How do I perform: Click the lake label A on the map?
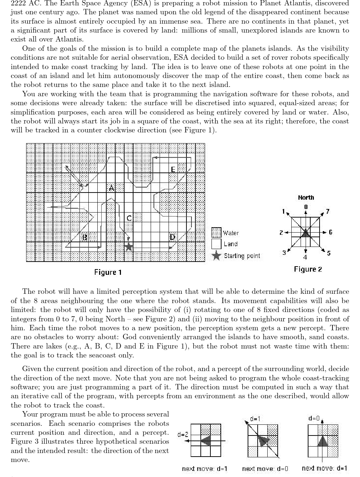pos(111,188)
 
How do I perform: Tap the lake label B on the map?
pos(85,237)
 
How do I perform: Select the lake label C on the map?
pos(129,218)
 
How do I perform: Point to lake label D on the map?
pos(172,237)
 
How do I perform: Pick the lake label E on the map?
pos(173,169)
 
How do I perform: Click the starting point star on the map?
pos(129,247)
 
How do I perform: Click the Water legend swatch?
pos(217,233)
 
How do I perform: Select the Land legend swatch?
pos(217,244)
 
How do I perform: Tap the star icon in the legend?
pos(216,256)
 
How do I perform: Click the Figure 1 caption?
pos(108,272)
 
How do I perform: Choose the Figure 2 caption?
pos(308,269)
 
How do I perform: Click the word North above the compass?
pos(306,198)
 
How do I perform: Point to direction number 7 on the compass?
pos(327,211)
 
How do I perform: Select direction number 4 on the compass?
pos(305,257)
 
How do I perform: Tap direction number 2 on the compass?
pos(281,233)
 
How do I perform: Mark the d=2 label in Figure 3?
pos(183,434)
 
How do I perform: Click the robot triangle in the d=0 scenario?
pos(323,441)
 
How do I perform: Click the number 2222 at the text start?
pos(18,3)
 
